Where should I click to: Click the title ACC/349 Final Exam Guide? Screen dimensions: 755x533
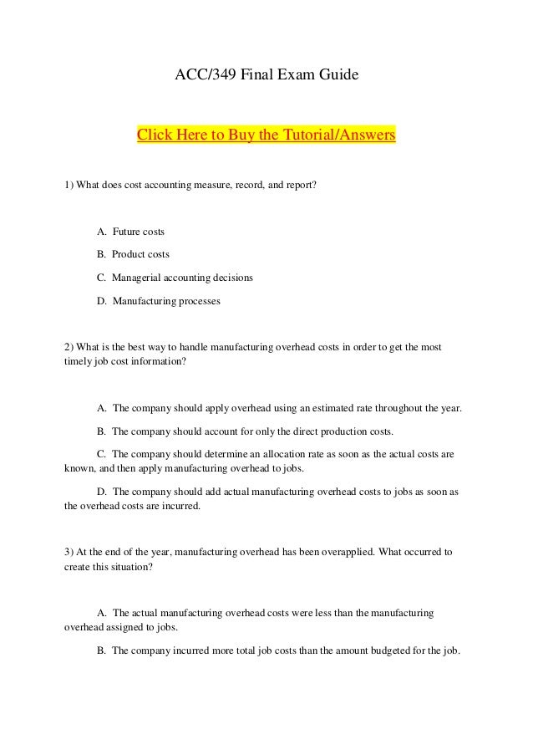click(x=266, y=77)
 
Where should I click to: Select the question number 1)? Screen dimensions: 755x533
click(x=69, y=184)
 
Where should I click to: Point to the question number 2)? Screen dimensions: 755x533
click(x=69, y=346)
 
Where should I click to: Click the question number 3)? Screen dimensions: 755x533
click(x=69, y=553)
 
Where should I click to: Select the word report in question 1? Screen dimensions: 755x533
click(x=300, y=184)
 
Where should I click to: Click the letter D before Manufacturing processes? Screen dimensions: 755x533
click(x=101, y=300)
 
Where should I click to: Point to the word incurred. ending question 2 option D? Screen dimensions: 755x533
click(x=181, y=507)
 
